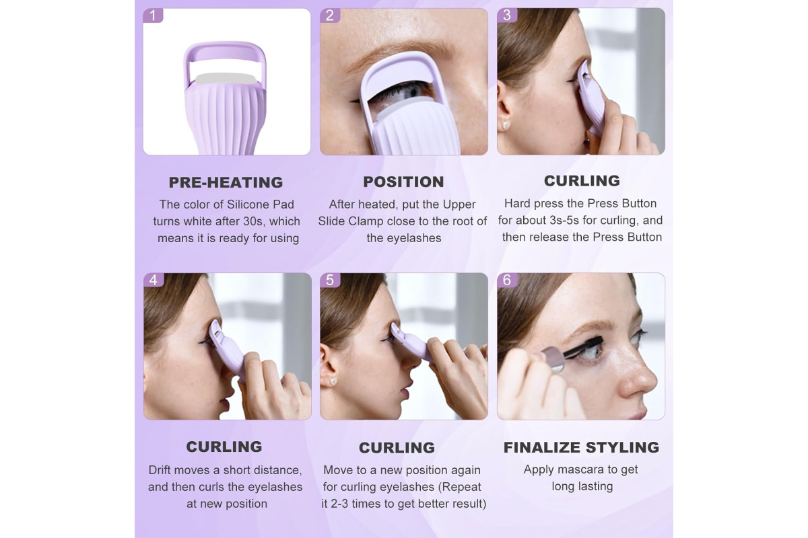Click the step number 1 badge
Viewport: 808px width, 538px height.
[x=153, y=15]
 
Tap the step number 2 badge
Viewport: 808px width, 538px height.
[x=330, y=15]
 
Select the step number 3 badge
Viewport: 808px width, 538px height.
[x=507, y=15]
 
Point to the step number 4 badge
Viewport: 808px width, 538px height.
[x=154, y=280]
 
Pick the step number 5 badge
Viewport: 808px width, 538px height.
[x=330, y=280]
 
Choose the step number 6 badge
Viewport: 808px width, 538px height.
[x=507, y=280]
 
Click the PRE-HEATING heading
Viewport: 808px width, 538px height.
[x=226, y=182]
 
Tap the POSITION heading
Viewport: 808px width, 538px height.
[x=403, y=182]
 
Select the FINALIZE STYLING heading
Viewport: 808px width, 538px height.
[x=581, y=447]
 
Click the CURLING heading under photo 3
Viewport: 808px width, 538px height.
[x=582, y=180]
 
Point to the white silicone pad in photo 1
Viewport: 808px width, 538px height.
[x=226, y=79]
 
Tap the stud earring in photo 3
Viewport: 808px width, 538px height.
[x=505, y=125]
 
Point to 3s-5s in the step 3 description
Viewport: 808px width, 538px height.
[x=565, y=220]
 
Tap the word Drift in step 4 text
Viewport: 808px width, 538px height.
[x=160, y=469]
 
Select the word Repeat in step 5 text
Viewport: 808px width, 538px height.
[x=461, y=486]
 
